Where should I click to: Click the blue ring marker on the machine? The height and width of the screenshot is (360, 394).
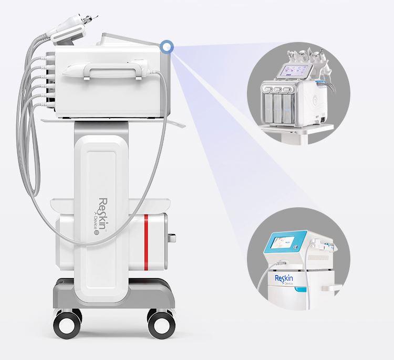[x=167, y=47]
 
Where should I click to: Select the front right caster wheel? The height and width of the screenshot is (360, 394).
[x=157, y=318]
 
